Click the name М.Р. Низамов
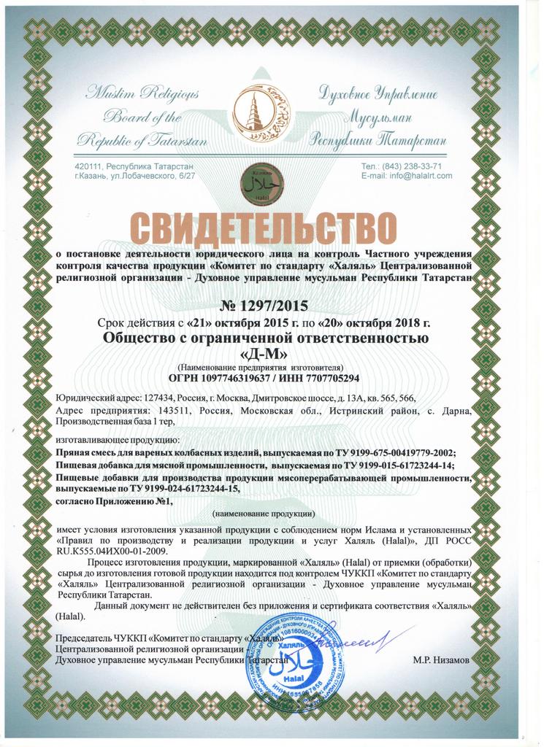pyautogui.click(x=442, y=659)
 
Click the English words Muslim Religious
pyautogui.click(x=142, y=93)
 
